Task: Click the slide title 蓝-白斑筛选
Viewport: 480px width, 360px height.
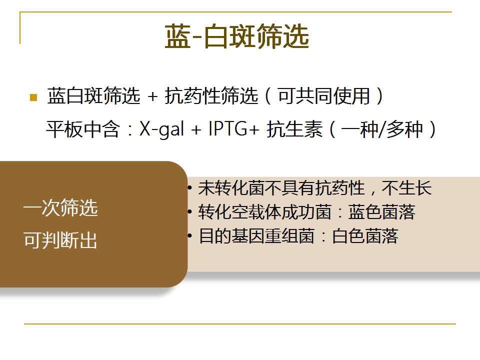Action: (236, 36)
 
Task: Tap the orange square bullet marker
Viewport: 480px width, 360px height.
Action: (33, 97)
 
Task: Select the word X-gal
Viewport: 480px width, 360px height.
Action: (162, 129)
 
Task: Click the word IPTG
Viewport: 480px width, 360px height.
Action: (228, 128)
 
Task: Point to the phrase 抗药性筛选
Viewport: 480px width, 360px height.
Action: (211, 96)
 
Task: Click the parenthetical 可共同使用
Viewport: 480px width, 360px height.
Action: (324, 96)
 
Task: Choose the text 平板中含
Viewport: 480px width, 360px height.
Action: (83, 129)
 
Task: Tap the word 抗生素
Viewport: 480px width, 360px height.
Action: (294, 129)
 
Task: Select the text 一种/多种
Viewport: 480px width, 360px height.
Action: (382, 129)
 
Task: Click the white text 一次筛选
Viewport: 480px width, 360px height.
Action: (60, 207)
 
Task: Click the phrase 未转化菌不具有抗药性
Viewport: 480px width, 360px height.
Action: (281, 187)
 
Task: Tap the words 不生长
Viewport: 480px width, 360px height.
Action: (407, 187)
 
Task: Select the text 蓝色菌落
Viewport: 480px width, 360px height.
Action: (381, 212)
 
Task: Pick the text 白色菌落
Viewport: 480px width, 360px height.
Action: (365, 236)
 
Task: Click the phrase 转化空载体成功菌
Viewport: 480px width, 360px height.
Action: (265, 212)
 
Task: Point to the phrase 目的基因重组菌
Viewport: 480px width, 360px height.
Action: (256, 236)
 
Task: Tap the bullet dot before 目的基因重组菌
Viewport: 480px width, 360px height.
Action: (190, 235)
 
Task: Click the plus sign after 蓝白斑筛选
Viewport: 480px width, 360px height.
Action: (152, 96)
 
